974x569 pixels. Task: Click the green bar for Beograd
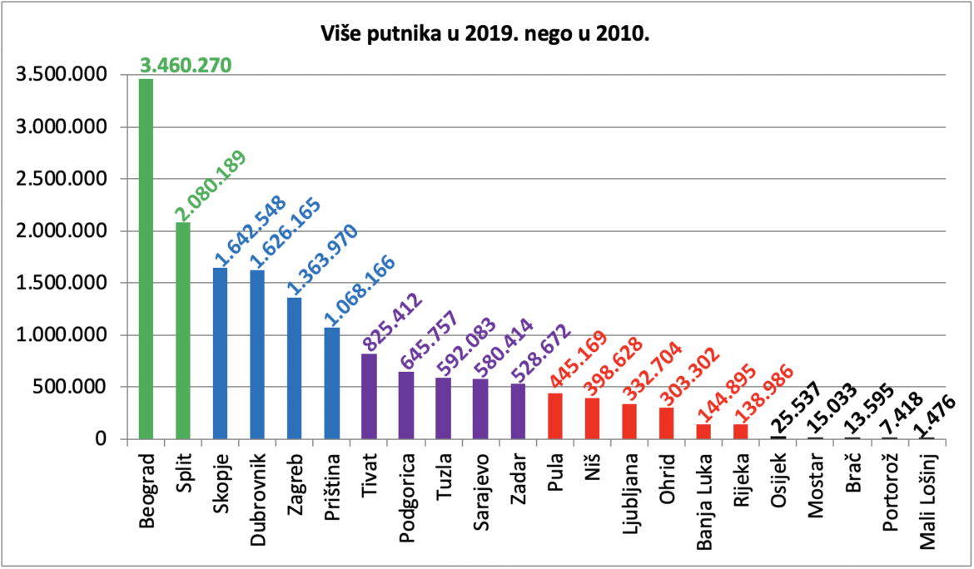[146, 259]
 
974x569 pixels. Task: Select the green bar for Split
[183, 331]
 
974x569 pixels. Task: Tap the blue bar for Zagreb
[295, 369]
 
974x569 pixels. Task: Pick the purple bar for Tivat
[369, 397]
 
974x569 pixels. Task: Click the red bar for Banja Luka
[703, 432]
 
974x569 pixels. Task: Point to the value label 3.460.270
[186, 65]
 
